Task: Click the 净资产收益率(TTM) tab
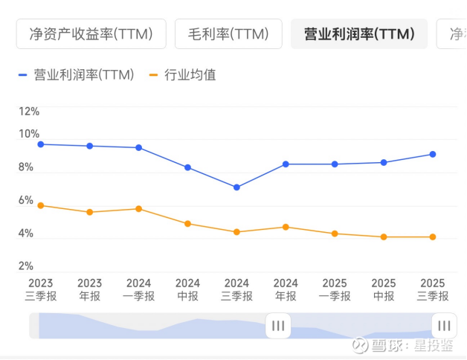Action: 90,34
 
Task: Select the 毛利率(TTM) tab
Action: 228,34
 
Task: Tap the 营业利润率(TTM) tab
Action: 359,34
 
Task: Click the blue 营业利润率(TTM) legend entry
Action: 77,75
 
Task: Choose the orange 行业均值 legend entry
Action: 183,75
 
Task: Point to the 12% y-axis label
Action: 29,112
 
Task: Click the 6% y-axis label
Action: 26,201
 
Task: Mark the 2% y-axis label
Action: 26,266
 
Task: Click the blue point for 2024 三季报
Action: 236,187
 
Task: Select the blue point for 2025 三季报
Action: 433,154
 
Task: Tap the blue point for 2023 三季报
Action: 41,144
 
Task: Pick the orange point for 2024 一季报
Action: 138,209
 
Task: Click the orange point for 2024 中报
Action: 187,224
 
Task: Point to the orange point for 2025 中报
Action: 384,237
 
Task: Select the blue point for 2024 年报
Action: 286,164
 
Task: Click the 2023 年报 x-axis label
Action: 89,289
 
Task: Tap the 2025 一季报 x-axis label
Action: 335,289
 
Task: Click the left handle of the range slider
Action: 278,326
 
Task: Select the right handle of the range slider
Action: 444,326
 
